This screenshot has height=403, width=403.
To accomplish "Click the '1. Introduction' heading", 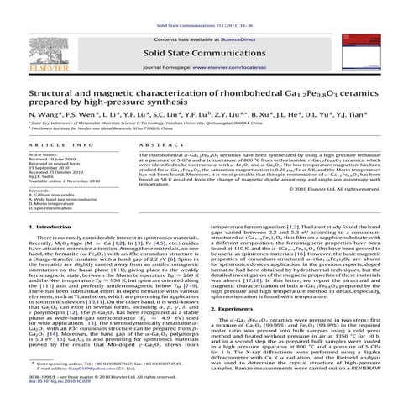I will coord(32,228).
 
